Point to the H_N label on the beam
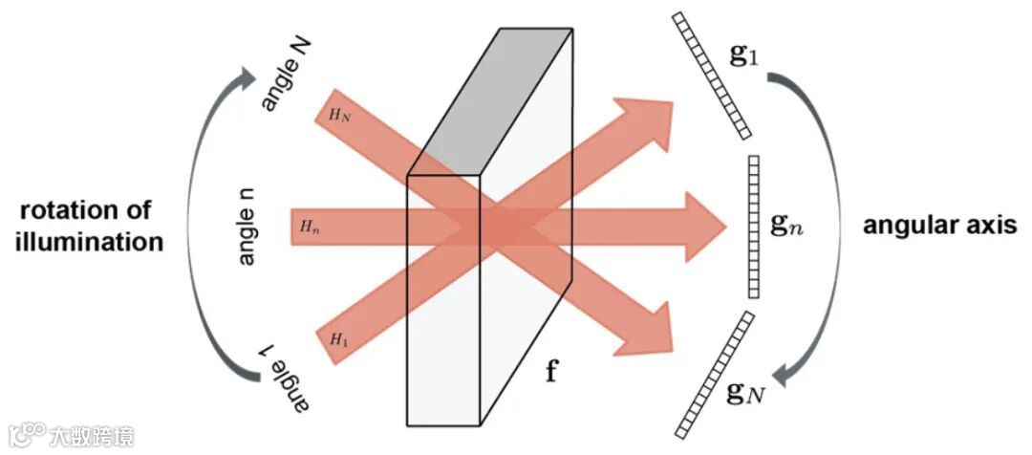(x=339, y=115)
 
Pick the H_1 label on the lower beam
(x=339, y=338)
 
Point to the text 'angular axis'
(x=938, y=227)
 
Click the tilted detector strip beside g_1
(x=711, y=74)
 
